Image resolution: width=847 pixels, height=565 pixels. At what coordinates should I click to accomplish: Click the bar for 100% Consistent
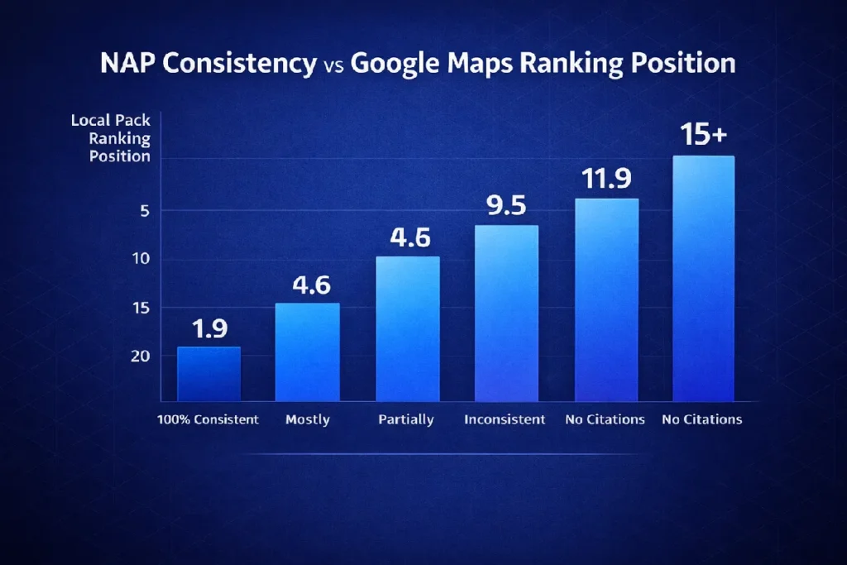click(x=208, y=374)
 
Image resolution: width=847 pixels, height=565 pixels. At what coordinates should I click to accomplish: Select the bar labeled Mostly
click(x=307, y=352)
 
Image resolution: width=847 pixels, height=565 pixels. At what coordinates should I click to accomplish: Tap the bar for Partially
click(x=408, y=329)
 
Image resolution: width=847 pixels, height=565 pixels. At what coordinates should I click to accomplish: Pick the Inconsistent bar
click(x=506, y=314)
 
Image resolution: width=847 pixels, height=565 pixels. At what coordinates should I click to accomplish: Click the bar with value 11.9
click(x=606, y=300)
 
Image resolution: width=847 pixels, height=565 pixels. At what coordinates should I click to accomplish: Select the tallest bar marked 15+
click(x=703, y=279)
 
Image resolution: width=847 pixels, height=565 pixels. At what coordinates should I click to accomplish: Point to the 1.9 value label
click(x=208, y=329)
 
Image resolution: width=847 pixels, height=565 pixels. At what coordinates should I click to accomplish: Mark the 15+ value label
click(x=703, y=136)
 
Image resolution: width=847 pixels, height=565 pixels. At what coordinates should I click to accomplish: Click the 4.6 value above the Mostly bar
click(x=311, y=285)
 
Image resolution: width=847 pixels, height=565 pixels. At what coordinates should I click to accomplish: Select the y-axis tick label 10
click(x=141, y=259)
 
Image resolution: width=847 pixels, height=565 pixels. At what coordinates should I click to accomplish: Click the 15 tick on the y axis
click(x=141, y=308)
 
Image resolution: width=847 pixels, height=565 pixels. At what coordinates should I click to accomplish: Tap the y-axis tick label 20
click(x=141, y=356)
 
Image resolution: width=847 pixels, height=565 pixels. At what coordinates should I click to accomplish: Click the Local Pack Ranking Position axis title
click(x=110, y=138)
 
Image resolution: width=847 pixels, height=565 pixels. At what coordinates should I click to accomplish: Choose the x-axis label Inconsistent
click(x=505, y=419)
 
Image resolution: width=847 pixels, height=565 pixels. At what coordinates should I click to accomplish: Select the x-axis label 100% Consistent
click(x=208, y=419)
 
